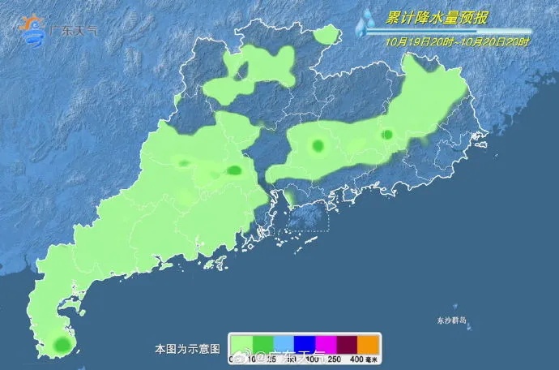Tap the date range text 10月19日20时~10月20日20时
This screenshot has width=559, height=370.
[458, 41]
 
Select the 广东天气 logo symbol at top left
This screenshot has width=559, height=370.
[35, 30]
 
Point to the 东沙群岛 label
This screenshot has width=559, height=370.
[449, 320]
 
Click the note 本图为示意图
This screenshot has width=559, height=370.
[187, 349]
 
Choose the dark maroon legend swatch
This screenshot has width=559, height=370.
[347, 344]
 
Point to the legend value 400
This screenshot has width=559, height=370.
[353, 359]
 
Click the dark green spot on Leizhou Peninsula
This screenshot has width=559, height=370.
[60, 346]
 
